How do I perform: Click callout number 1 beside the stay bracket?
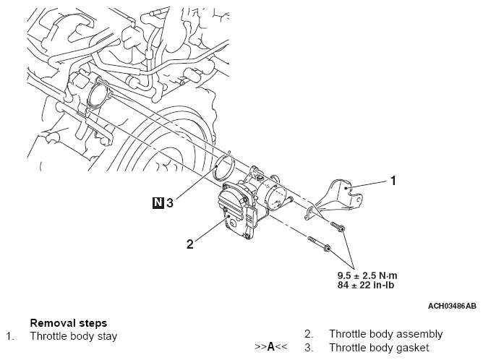(x=393, y=181)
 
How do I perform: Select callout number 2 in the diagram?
(x=190, y=244)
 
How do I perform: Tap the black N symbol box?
(x=158, y=203)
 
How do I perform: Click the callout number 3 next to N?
(x=170, y=203)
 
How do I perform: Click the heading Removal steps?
(x=68, y=323)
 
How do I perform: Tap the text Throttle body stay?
(x=73, y=336)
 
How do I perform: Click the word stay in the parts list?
(x=106, y=336)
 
